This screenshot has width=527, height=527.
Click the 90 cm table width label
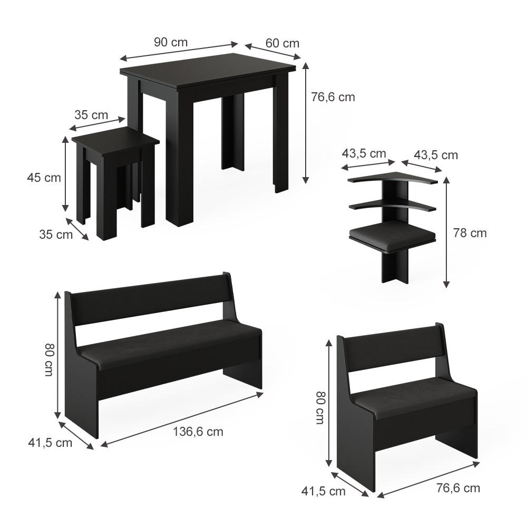click(x=171, y=42)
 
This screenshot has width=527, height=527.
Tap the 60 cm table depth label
click(x=282, y=43)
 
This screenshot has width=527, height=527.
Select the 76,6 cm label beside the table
click(x=333, y=97)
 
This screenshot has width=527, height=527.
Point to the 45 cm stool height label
click(x=44, y=178)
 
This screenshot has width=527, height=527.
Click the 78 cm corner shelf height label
click(x=470, y=232)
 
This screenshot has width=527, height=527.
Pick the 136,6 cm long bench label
click(x=198, y=432)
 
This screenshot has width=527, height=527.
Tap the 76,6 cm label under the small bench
click(x=458, y=488)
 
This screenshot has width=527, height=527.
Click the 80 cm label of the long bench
click(x=49, y=359)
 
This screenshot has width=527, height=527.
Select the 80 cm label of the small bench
click(x=320, y=407)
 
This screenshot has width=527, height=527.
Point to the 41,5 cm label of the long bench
click(x=50, y=443)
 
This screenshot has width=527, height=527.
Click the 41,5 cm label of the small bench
click(x=324, y=491)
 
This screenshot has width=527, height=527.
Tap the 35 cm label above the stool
click(x=91, y=115)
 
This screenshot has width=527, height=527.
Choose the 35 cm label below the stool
click(x=56, y=235)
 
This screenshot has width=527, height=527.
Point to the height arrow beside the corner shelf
click(x=447, y=232)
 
